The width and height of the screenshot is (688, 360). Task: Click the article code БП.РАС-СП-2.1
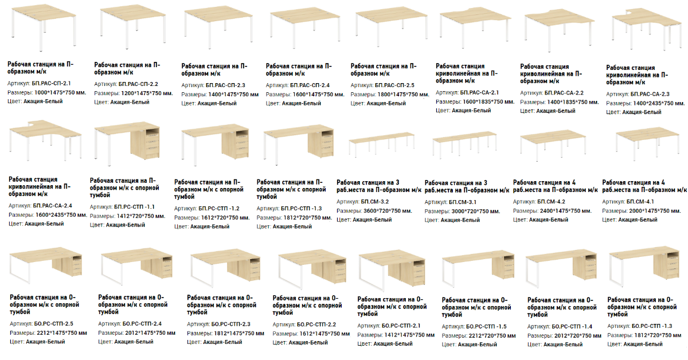(51, 83)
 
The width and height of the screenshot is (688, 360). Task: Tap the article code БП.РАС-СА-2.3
(650, 95)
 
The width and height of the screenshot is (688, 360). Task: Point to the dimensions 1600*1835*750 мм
(488, 101)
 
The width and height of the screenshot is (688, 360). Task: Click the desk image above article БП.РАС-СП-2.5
(391, 27)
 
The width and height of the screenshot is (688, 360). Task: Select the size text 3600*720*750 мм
(388, 211)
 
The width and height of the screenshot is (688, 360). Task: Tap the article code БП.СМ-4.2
(552, 202)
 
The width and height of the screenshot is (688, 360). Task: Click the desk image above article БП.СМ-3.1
(464, 145)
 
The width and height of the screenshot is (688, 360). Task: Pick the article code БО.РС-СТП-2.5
(54, 324)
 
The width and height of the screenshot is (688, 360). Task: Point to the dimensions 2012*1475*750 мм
(150, 333)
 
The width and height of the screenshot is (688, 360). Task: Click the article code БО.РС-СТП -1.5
(487, 327)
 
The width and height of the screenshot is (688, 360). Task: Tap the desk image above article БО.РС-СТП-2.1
(392, 269)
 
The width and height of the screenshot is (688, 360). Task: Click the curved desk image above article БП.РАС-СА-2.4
(45, 140)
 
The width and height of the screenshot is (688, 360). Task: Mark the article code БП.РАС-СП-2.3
(225, 85)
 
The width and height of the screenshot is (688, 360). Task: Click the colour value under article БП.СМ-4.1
(638, 220)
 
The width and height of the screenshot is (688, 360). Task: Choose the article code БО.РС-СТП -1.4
(572, 327)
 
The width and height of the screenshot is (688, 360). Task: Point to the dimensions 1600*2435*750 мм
(61, 215)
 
